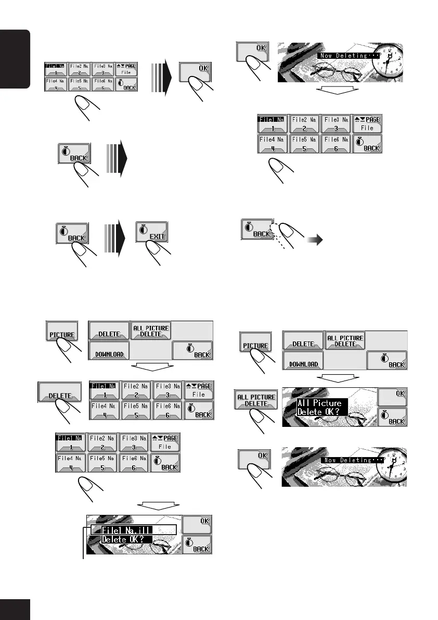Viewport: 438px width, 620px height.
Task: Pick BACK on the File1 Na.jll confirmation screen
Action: click(197, 545)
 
